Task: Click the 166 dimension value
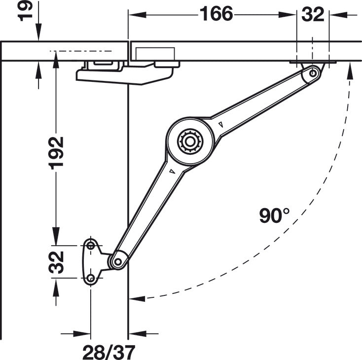(x=216, y=14)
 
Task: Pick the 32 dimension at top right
(x=313, y=14)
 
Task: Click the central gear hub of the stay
(x=189, y=142)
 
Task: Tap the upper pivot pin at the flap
(x=313, y=73)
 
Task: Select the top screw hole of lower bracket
(x=91, y=245)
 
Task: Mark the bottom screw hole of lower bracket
(x=91, y=279)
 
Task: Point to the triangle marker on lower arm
(x=171, y=171)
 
